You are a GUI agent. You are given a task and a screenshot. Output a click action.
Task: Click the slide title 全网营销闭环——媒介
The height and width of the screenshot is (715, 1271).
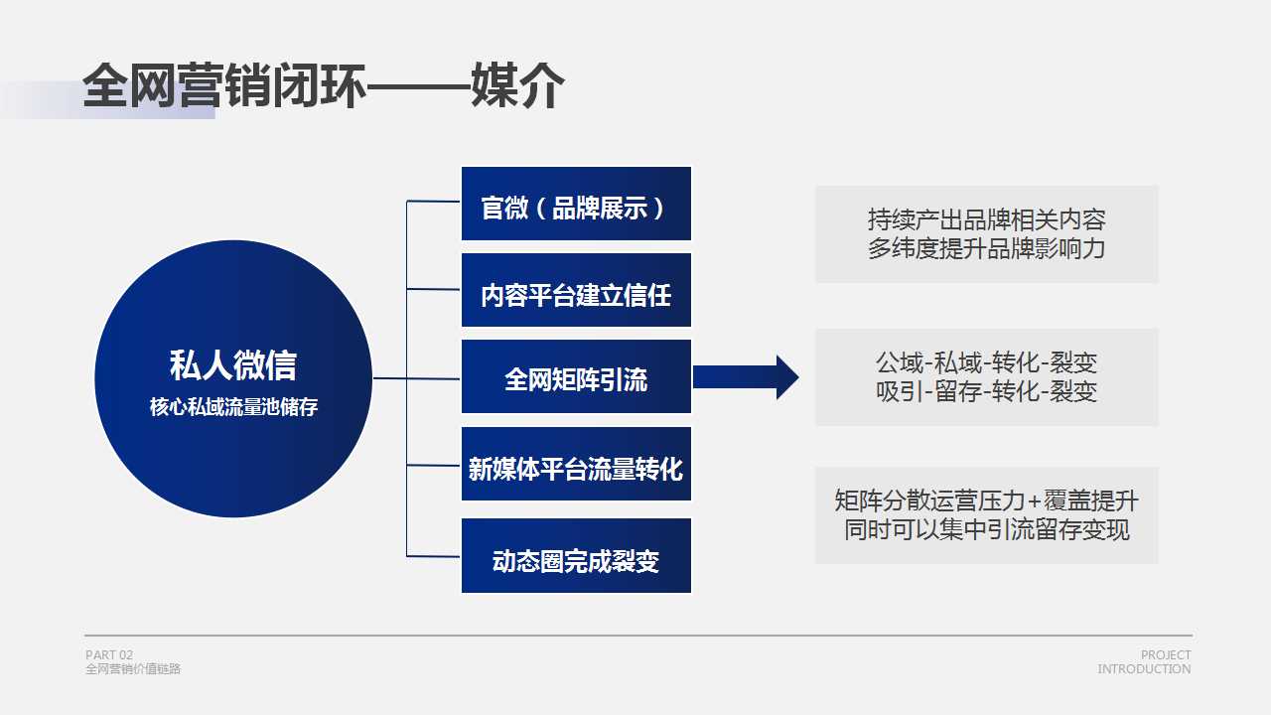click(324, 85)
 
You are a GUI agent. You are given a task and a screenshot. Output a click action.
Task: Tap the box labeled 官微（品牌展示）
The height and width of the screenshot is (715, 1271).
click(576, 204)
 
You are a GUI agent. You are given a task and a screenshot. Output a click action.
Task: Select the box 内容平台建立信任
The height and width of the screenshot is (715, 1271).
click(576, 290)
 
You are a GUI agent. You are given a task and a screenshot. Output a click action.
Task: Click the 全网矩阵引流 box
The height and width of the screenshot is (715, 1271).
click(576, 376)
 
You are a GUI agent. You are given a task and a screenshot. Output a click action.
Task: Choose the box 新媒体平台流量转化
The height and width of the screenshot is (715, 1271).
click(576, 464)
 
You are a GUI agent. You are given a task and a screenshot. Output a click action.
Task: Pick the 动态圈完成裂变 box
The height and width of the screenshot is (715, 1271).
click(576, 555)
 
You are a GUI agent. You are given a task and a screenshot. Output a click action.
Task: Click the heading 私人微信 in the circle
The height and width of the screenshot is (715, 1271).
click(233, 364)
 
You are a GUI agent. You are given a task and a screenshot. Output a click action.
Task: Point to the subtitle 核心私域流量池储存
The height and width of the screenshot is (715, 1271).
click(233, 407)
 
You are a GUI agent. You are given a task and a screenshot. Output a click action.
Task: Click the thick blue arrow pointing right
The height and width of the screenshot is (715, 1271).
click(746, 377)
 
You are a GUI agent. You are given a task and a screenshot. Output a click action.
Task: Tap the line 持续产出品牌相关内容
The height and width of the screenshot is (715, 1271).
click(987, 219)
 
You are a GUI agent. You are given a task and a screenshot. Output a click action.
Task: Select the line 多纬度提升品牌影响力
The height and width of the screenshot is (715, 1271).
click(987, 248)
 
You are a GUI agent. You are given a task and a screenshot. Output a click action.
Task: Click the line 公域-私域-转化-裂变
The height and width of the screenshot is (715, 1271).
click(987, 362)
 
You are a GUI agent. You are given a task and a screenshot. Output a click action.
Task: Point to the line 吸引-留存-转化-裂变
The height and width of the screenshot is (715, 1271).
click(987, 391)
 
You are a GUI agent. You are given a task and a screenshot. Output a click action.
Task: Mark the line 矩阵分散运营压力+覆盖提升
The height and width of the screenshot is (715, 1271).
click(987, 500)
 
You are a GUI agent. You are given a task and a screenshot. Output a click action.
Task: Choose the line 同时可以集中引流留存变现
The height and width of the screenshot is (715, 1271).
click(987, 529)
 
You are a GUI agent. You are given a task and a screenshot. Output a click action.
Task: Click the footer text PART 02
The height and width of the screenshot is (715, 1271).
click(109, 654)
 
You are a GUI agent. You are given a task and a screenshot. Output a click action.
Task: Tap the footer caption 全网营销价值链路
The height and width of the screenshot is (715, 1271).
click(133, 669)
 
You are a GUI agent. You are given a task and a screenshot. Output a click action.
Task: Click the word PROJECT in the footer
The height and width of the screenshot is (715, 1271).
click(1166, 654)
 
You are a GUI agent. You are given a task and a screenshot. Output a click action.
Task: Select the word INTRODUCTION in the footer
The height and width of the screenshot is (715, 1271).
click(1144, 669)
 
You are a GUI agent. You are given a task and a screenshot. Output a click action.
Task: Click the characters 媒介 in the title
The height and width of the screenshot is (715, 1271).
click(517, 85)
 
